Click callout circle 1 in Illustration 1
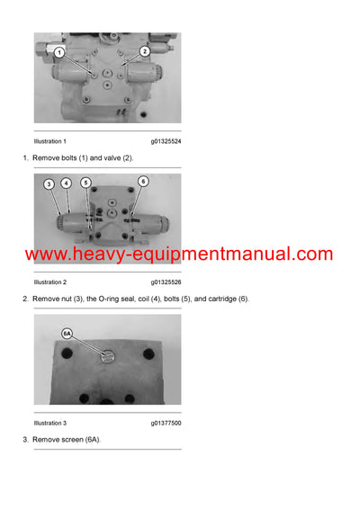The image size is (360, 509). pos(58,53)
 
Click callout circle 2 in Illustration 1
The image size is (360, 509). pos(143,53)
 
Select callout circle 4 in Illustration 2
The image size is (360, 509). pos(66,183)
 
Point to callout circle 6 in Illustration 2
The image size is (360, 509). pos(143,181)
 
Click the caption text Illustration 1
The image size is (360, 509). pos(49,141)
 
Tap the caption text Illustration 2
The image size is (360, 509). pos(49,282)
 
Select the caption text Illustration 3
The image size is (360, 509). pos(49,423)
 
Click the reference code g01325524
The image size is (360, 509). pos(166,141)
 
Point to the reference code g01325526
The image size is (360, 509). pos(166,282)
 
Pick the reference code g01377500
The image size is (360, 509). pos(166,423)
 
